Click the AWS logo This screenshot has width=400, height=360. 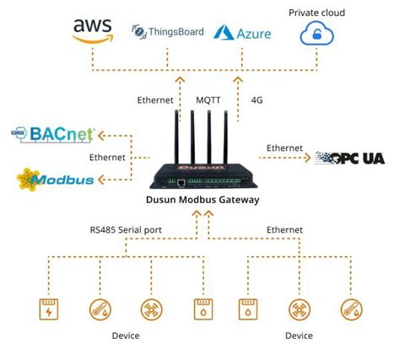pos(92,32)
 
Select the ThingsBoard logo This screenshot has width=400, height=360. pos(167,32)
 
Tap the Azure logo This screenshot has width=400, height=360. pos(241,33)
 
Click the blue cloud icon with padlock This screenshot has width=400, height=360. pos(317,35)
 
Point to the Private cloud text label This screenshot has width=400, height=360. pos(317,13)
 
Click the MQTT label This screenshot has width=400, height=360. pos(210,100)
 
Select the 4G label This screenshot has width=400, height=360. pos(257,100)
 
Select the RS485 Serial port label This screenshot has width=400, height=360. pos(126,228)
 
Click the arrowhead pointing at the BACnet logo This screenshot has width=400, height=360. pos(103,133)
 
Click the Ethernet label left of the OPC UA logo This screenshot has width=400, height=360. pos(284,148)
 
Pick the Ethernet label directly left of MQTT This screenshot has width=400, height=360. pos(155,100)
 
